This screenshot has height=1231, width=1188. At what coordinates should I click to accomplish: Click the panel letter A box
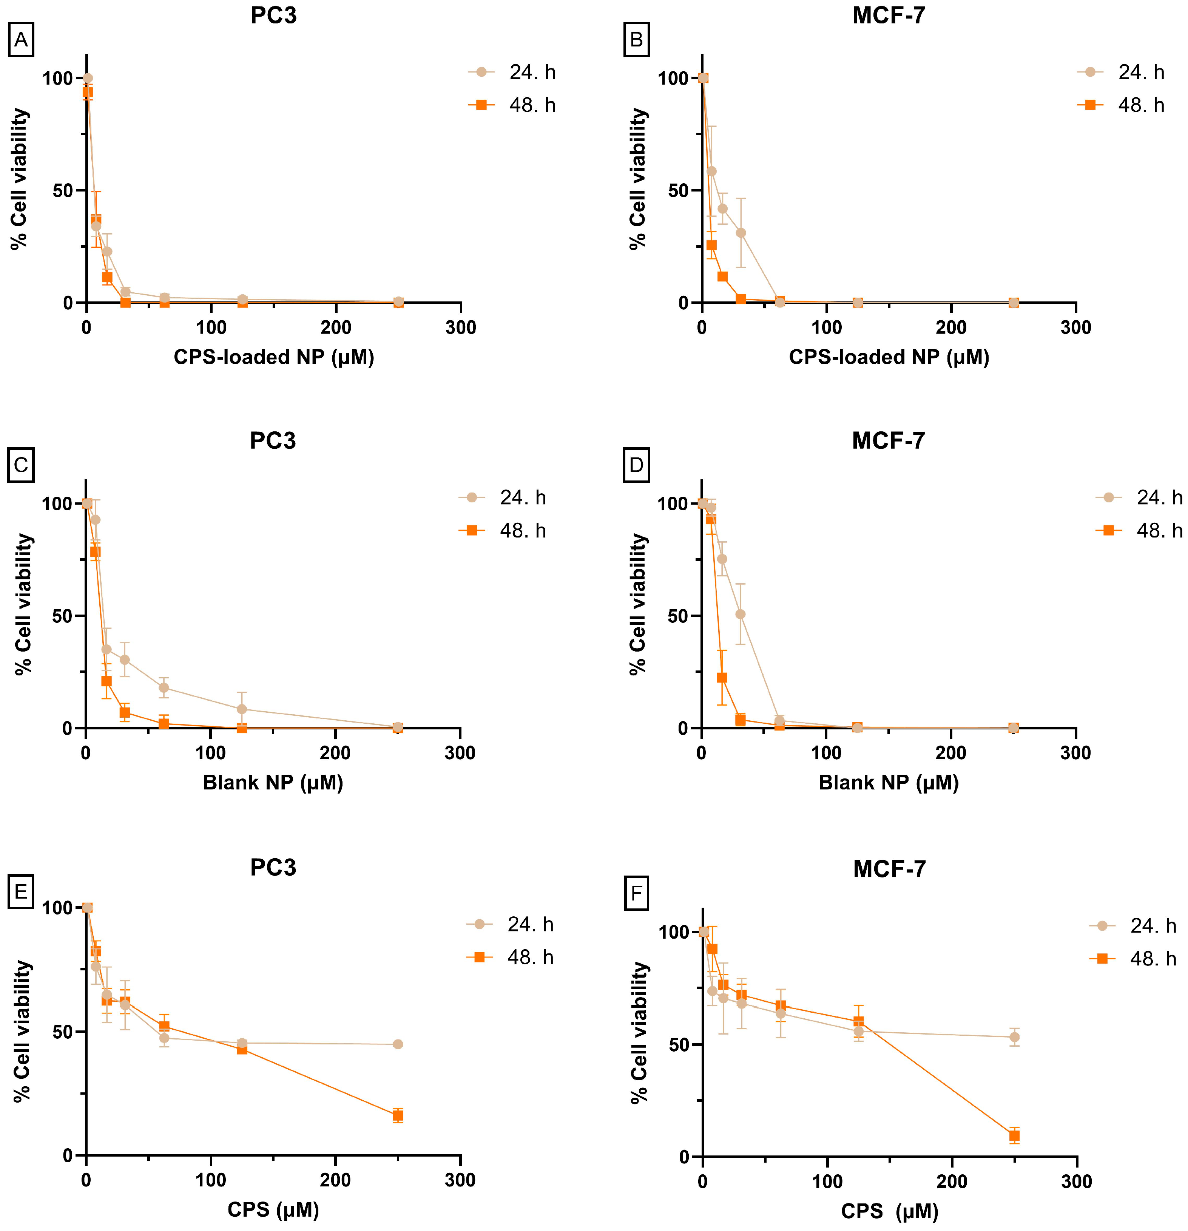tap(21, 40)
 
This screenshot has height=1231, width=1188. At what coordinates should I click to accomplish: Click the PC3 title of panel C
tap(273, 441)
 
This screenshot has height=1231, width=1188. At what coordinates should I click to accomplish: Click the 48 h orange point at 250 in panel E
tap(398, 1115)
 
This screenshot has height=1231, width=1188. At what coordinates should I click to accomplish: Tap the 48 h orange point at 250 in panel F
tap(1014, 1135)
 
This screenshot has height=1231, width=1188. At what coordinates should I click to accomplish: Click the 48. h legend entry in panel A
tap(512, 105)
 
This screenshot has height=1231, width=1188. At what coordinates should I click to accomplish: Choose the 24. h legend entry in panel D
tap(1139, 497)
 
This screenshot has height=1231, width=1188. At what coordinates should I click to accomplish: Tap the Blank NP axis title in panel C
tap(273, 783)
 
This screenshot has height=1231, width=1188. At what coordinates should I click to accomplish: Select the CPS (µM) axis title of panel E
tap(273, 1209)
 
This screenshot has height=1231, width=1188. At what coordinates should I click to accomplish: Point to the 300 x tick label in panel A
tap(461, 327)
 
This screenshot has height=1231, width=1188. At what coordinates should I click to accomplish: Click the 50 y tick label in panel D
tap(679, 616)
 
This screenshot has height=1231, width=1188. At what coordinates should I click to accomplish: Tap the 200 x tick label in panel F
tap(952, 1182)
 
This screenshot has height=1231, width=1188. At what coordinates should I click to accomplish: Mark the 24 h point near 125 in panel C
tap(242, 709)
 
